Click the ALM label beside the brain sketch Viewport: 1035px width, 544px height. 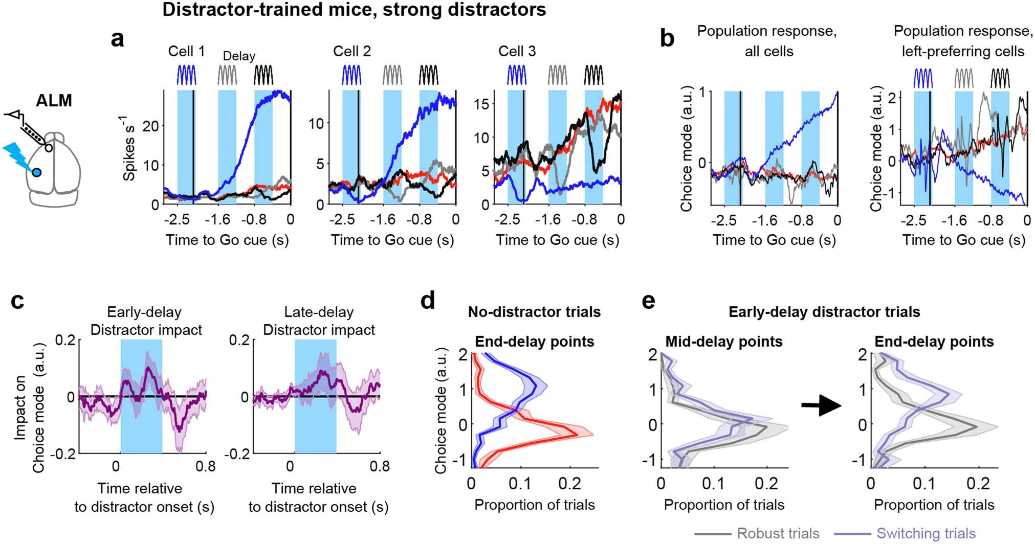tap(54, 101)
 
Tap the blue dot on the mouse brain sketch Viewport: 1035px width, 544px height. tap(36, 172)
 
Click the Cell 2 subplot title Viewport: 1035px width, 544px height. tap(352, 51)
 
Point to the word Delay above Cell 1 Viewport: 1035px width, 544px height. tap(239, 56)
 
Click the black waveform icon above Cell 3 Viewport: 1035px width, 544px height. tap(593, 75)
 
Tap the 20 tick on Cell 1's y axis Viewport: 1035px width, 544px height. tap(151, 126)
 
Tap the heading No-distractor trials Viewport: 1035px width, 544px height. tap(534, 312)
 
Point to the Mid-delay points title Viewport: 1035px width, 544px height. tap(723, 342)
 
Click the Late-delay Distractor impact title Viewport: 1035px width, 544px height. tap(319, 321)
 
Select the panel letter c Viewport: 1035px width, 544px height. tap(17, 302)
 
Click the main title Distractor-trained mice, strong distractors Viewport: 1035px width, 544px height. tap(354, 9)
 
